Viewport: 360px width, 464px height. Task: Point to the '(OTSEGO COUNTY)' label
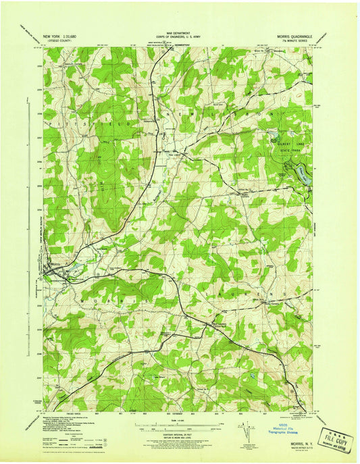pyautogui.click(x=59, y=38)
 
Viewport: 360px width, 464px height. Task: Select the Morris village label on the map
pyautogui.click(x=55, y=263)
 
